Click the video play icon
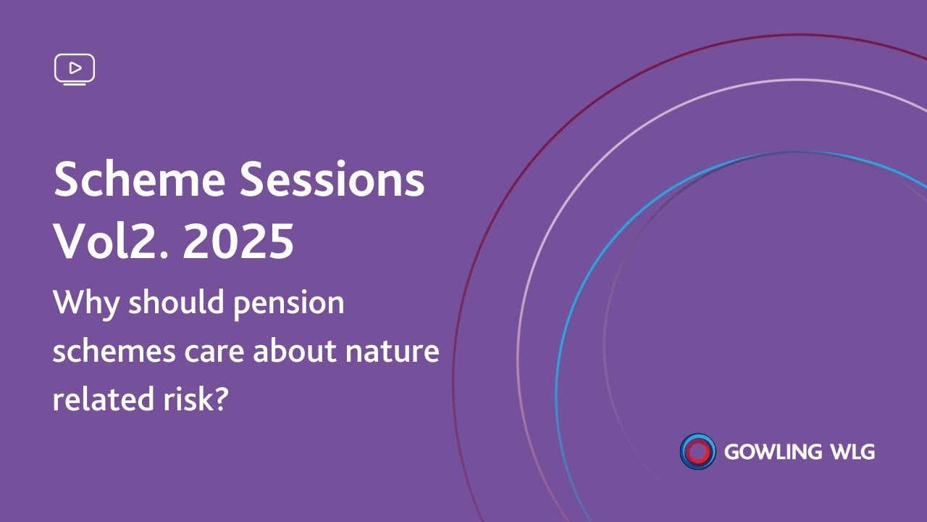[x=75, y=69]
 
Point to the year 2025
[x=238, y=241]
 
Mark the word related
[x=99, y=399]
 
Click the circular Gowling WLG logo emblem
[x=697, y=452]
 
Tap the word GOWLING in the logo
[x=772, y=452]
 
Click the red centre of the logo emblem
[x=697, y=452]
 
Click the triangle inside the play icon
[x=75, y=68]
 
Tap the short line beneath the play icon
[x=75, y=85]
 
